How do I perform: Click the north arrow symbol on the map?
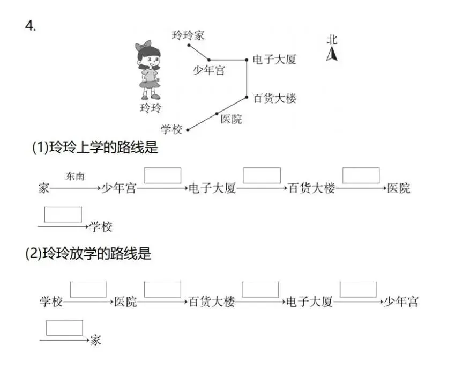332,54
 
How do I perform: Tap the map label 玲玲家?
188,35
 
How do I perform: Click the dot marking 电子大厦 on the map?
247,60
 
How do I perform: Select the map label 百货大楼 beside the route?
274,99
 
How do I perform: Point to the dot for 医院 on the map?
217,114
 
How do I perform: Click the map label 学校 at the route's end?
171,129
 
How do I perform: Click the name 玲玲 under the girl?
150,108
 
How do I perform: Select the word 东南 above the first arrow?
75,177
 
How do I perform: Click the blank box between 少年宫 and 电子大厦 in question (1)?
162,175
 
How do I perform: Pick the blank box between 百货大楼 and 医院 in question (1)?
361,175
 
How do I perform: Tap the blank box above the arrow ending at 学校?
63,214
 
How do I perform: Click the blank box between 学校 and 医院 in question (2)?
88,290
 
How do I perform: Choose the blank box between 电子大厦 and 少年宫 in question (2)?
358,290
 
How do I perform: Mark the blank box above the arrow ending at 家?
64,328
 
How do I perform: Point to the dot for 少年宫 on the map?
209,60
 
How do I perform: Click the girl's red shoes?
150,97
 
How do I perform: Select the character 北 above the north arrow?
332,40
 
